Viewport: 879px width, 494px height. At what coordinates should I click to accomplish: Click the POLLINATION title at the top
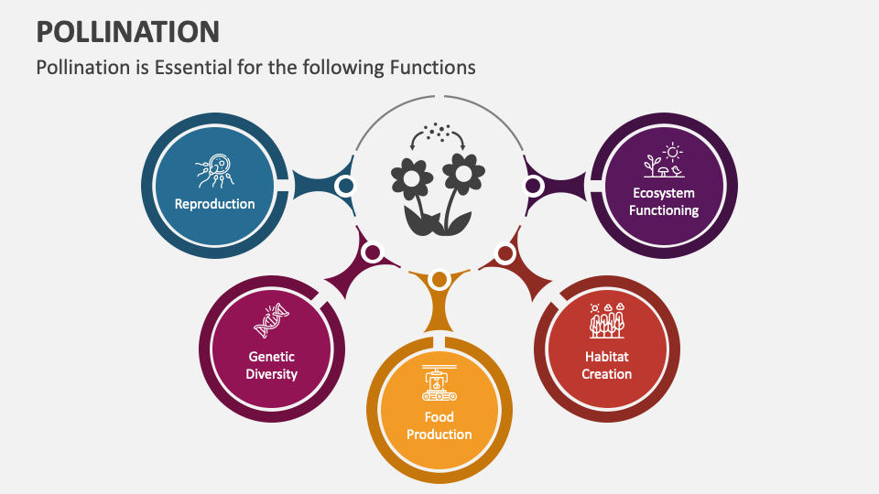point(127,31)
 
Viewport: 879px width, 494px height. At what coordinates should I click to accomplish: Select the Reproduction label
point(215,204)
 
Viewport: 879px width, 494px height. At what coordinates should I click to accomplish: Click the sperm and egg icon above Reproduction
point(215,170)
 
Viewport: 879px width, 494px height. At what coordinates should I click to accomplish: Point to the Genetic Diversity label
point(272,366)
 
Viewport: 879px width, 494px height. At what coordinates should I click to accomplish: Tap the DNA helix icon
point(272,320)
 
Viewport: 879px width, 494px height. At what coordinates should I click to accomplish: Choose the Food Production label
point(439,425)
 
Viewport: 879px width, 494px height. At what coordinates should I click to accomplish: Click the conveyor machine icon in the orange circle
point(439,383)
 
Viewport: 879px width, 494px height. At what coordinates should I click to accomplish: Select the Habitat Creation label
point(607,365)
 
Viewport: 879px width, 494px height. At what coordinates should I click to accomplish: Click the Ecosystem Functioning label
point(665,201)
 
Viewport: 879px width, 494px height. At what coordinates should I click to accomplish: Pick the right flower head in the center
point(464,170)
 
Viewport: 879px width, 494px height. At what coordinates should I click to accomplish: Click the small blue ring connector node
point(345,186)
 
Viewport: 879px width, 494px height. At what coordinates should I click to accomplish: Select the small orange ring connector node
point(439,279)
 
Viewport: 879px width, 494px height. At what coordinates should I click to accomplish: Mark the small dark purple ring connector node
point(533,186)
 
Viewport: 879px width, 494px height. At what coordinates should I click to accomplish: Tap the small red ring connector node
point(505,252)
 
